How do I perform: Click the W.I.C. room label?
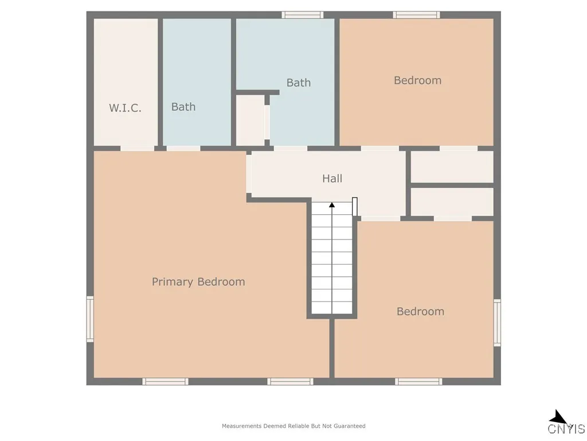click(125, 107)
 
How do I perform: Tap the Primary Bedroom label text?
click(198, 282)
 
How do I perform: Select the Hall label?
click(332, 179)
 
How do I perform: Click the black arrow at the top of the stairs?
click(332, 204)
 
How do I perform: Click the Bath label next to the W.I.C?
click(183, 107)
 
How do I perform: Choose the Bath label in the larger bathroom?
click(299, 83)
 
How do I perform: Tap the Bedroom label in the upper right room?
click(417, 80)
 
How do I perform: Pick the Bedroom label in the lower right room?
click(420, 311)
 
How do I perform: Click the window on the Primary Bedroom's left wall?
click(90, 319)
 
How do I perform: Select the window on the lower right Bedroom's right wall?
click(497, 323)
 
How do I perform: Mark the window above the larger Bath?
click(302, 15)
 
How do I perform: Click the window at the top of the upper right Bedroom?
click(416, 15)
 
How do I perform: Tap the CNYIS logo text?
click(566, 428)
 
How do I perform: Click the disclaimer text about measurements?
click(293, 426)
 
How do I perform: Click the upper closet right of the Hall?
click(452, 167)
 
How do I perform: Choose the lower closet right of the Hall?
click(452, 202)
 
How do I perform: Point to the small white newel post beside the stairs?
click(355, 207)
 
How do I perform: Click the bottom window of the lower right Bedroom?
click(418, 381)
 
